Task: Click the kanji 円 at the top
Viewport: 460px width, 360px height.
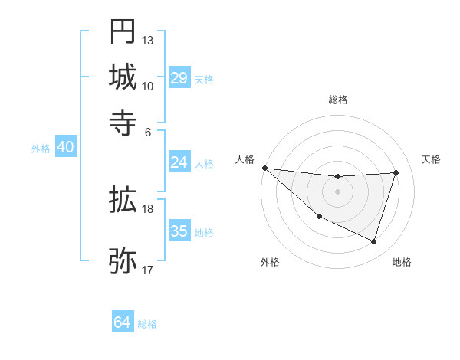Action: [123, 31]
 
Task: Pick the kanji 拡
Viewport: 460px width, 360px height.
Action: [123, 201]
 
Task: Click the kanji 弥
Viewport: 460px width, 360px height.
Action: [123, 260]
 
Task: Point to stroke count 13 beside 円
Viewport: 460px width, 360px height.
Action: [148, 40]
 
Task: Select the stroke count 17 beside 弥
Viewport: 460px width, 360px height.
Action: [148, 270]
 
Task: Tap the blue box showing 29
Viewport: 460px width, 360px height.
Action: [179, 77]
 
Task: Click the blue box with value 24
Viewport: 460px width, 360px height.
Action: [179, 162]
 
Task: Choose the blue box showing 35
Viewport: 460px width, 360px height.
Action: [179, 231]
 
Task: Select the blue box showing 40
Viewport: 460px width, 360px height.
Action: [65, 147]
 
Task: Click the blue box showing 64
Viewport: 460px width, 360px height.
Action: [123, 322]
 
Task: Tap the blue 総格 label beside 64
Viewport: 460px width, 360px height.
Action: [147, 324]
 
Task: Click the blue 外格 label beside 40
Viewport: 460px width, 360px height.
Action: [41, 149]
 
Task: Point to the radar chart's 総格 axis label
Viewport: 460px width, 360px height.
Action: [337, 100]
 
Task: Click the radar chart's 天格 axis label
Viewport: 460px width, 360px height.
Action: [431, 159]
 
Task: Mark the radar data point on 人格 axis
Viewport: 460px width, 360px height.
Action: [264, 168]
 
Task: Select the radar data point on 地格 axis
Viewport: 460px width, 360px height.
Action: [374, 242]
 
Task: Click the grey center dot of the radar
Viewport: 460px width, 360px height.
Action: [337, 191]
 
